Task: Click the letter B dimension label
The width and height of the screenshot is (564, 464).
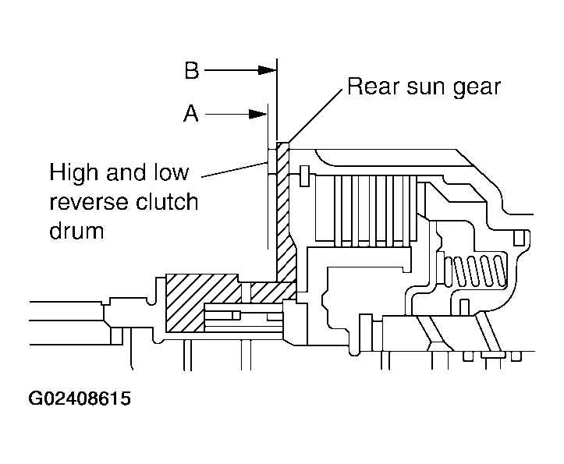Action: pyautogui.click(x=192, y=70)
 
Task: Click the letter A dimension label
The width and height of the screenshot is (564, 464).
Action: pyautogui.click(x=191, y=113)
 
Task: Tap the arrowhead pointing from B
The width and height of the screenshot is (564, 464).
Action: pyautogui.click(x=268, y=70)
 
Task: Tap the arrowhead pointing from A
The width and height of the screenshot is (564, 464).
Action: pyautogui.click(x=258, y=115)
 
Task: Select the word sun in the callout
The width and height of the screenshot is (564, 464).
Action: pyautogui.click(x=426, y=88)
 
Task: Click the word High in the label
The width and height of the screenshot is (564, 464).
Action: pyautogui.click(x=74, y=172)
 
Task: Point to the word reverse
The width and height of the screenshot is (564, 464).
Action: pyautogui.click(x=88, y=203)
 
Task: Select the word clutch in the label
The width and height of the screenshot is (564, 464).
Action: pyautogui.click(x=167, y=201)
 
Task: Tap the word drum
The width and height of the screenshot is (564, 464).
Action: pyautogui.click(x=76, y=230)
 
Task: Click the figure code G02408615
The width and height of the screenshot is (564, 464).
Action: pyautogui.click(x=80, y=398)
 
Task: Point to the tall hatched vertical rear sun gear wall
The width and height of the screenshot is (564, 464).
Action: pyautogui.click(x=284, y=212)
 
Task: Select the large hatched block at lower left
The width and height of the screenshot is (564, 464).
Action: pyautogui.click(x=202, y=303)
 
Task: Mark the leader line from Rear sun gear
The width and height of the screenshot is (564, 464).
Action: pyautogui.click(x=314, y=115)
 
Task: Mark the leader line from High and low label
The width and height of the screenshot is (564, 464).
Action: pyautogui.click(x=235, y=170)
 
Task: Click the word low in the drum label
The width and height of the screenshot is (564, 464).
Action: pyautogui.click(x=171, y=172)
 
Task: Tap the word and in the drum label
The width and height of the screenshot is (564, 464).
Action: pyautogui.click(x=126, y=172)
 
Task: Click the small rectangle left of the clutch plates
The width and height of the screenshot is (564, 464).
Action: pyautogui.click(x=304, y=176)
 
